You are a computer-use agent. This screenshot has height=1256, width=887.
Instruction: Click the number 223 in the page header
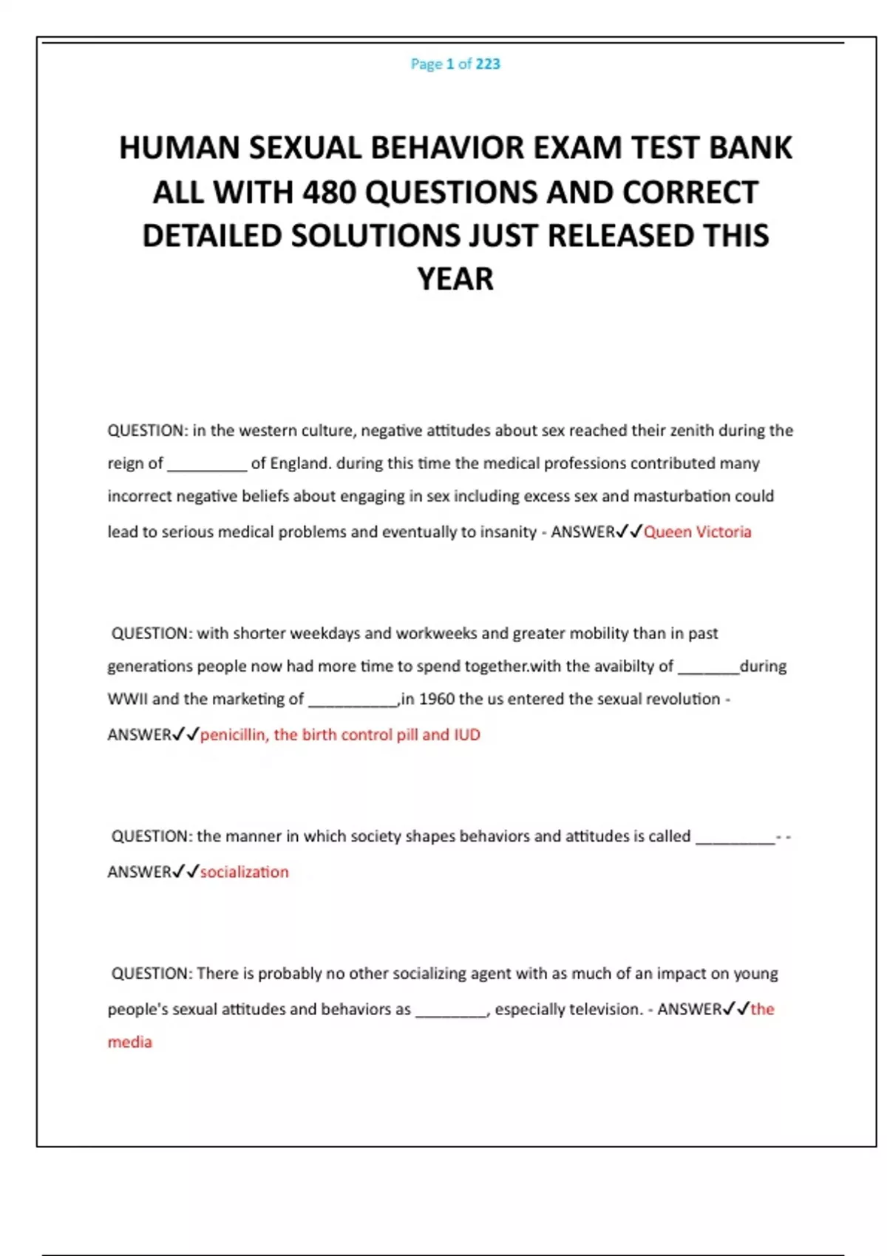[488, 64]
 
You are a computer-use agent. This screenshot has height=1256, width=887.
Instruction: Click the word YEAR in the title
[455, 279]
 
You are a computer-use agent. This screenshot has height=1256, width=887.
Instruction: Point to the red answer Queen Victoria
[697, 532]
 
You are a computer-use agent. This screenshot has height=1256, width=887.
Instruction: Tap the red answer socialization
[244, 872]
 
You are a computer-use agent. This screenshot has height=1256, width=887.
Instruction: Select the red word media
[130, 1042]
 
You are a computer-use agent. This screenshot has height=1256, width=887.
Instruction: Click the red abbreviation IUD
[466, 734]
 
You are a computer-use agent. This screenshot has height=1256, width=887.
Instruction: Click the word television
[604, 1009]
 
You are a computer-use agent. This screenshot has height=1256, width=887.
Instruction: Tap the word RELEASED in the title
[619, 236]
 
